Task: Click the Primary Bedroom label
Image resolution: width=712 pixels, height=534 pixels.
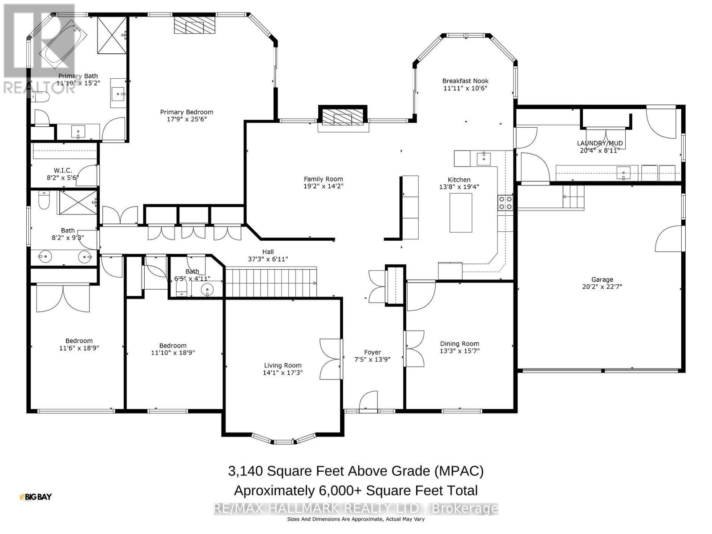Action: click(x=186, y=112)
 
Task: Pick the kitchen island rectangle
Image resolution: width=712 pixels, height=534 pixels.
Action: click(x=461, y=213)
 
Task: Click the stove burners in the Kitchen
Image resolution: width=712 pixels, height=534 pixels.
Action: click(x=505, y=203)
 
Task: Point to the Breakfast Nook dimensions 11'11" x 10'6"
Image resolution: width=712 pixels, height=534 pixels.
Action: click(x=465, y=88)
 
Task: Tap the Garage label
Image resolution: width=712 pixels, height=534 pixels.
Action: click(x=602, y=279)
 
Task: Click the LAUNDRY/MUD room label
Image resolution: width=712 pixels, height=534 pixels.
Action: click(x=599, y=143)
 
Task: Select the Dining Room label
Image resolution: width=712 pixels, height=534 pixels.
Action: click(x=459, y=344)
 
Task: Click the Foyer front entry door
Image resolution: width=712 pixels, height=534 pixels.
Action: click(x=368, y=400)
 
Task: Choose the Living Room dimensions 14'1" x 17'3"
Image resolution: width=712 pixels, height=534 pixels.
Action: click(x=282, y=372)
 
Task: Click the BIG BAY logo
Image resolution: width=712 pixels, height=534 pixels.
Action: click(x=36, y=497)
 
